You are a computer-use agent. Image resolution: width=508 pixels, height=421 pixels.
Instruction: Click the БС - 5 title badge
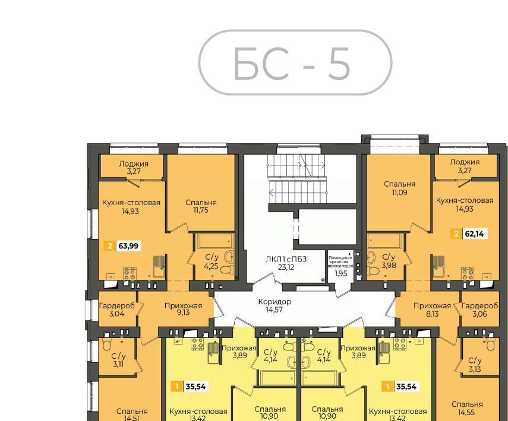[295, 62]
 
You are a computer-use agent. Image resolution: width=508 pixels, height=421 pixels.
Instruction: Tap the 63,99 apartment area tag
[123, 246]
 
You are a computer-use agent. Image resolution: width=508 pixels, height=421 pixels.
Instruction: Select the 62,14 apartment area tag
[469, 234]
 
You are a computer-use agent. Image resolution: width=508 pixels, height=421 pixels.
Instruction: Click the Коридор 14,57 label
[274, 305]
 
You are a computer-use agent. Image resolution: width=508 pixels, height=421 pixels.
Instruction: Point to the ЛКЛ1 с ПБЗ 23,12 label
[286, 263]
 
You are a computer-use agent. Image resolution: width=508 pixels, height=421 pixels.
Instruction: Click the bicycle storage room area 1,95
[341, 273]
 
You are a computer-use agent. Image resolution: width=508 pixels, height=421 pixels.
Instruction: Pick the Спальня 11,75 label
[201, 206]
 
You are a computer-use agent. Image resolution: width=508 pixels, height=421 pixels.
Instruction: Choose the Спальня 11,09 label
[399, 188]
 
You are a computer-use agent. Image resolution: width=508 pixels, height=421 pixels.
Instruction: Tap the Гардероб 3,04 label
[116, 310]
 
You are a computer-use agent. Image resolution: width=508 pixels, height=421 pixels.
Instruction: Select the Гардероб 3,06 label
[479, 310]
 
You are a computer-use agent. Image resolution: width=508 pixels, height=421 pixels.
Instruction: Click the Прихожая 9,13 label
[183, 309]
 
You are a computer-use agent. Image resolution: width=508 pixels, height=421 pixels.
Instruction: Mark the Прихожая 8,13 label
[432, 310]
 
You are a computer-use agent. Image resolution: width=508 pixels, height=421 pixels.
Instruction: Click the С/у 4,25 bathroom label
[212, 261]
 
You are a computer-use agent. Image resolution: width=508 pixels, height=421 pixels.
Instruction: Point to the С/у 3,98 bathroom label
[389, 261]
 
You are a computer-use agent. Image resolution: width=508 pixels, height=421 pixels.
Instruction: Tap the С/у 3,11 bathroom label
[118, 360]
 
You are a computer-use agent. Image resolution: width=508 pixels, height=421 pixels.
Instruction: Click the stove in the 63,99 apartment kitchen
[130, 274]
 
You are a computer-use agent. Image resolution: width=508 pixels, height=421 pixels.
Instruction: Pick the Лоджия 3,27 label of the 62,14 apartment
[465, 166]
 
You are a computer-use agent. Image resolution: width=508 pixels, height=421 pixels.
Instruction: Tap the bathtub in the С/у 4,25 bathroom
[214, 241]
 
